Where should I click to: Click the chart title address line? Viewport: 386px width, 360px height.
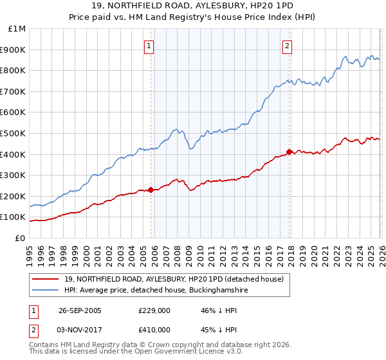193,6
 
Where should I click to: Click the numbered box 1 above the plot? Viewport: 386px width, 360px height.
149,46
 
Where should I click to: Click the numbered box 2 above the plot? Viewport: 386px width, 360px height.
286,46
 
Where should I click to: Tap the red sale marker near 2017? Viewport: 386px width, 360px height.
289,152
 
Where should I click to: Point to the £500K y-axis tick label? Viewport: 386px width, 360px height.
13,133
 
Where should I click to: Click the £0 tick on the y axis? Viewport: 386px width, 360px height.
21,238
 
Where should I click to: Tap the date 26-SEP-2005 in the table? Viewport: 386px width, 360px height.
80,310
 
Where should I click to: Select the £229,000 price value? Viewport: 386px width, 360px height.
154,310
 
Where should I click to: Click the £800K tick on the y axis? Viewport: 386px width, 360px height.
13,71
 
